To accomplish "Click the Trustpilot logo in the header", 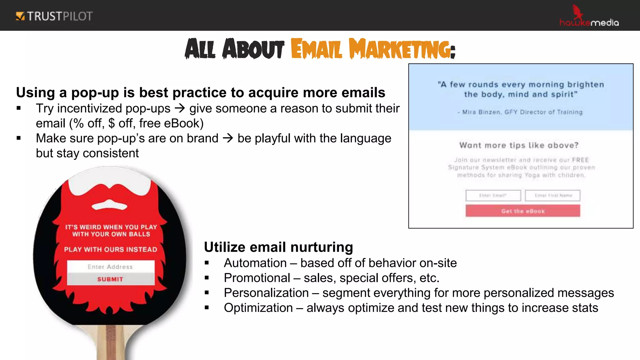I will pos(54,16).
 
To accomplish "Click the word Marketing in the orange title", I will pos(402,49).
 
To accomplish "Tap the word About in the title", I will pos(253,49).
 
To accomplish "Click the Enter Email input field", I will pos(493,196).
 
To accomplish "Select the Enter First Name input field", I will pos(552,196).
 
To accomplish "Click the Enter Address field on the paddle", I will pos(111,267).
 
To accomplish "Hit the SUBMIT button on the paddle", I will pos(111,279).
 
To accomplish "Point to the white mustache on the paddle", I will pos(109,205).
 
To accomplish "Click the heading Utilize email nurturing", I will pos(278,247).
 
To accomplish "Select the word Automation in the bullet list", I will pos(255,263).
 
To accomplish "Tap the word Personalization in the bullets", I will pos(266,293).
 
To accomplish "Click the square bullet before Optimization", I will pos(207,308).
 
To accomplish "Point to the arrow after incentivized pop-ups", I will pos(180,108).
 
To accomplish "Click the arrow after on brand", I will pos(228,138).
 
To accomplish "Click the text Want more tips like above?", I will pos(519,145).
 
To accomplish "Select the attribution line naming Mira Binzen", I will pos(520,112).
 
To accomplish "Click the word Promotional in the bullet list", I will pos(257,278).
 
